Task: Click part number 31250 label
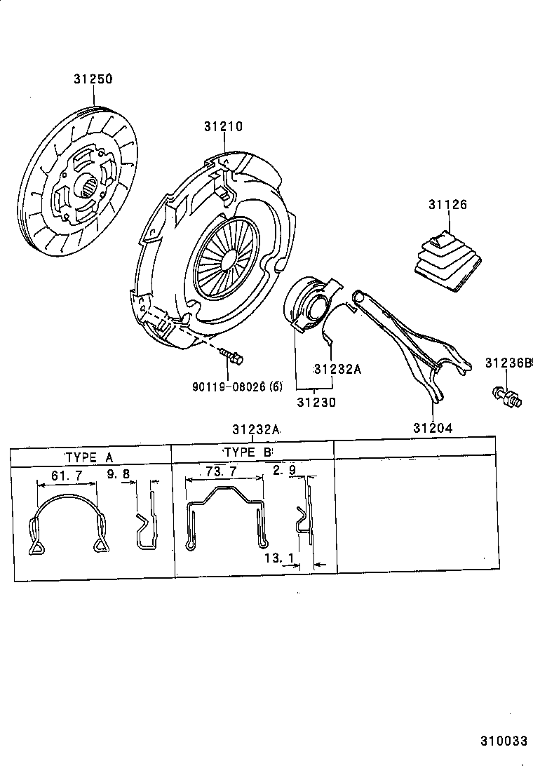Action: (x=93, y=79)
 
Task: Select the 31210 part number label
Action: (x=223, y=127)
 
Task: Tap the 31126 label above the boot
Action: (x=447, y=205)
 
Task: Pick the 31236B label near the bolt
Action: (x=508, y=363)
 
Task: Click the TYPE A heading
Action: (x=88, y=457)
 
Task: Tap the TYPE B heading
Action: (x=248, y=452)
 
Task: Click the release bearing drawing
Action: (x=309, y=302)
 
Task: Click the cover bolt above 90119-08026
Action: (x=231, y=356)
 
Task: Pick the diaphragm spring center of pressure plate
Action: (x=223, y=256)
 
